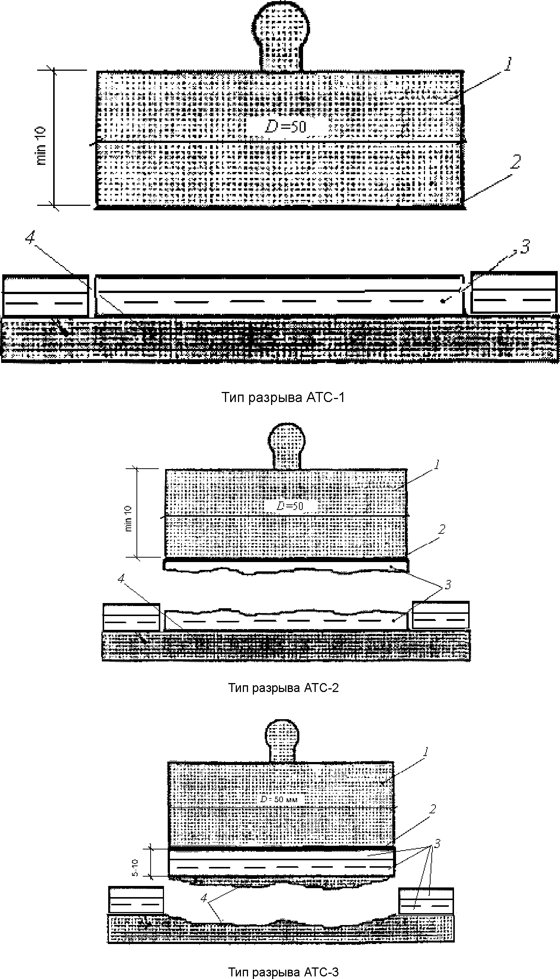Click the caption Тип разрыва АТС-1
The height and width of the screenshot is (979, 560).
(x=283, y=397)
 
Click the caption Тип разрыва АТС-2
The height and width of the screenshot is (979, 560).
(x=283, y=687)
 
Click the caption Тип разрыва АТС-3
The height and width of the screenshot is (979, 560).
(x=283, y=972)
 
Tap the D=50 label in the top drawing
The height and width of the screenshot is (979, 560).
(x=285, y=127)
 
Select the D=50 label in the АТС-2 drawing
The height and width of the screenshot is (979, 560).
(x=290, y=506)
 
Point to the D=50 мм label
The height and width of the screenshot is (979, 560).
(x=279, y=799)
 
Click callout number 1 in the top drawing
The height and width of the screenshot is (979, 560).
(x=508, y=64)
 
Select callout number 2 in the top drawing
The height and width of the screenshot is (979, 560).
(x=515, y=162)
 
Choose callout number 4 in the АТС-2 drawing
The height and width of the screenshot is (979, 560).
(x=122, y=578)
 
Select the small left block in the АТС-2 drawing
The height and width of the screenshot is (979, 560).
(x=131, y=617)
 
